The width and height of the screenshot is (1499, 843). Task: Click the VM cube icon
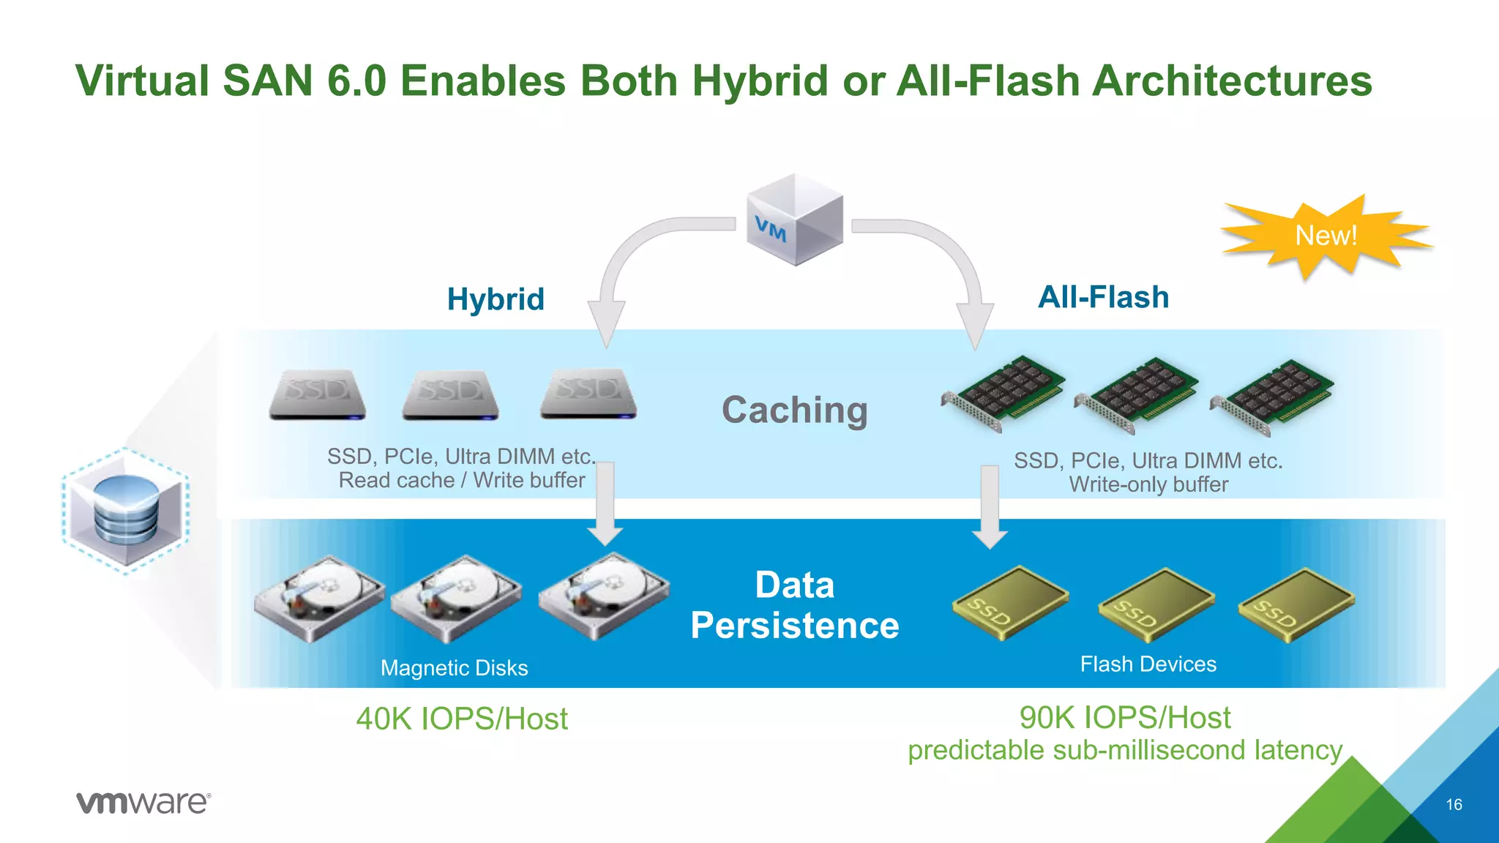pyautogui.click(x=795, y=220)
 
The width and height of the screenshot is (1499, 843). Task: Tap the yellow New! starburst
pyautogui.click(x=1326, y=236)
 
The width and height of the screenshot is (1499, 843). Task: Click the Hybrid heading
pyautogui.click(x=496, y=299)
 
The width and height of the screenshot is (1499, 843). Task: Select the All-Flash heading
pyautogui.click(x=1103, y=297)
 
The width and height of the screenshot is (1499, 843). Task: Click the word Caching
pyautogui.click(x=794, y=410)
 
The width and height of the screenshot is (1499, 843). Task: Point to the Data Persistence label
pyautogui.click(x=795, y=605)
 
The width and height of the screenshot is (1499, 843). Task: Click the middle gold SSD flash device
pyautogui.click(x=1156, y=604)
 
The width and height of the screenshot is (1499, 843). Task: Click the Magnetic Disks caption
pyautogui.click(x=454, y=668)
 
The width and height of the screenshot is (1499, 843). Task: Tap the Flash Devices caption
pyautogui.click(x=1148, y=664)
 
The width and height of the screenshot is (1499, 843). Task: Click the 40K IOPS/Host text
pyautogui.click(x=462, y=719)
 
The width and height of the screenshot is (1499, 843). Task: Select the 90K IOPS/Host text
pyautogui.click(x=1125, y=717)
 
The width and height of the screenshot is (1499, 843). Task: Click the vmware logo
pyautogui.click(x=143, y=803)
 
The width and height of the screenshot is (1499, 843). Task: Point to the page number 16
pyautogui.click(x=1454, y=805)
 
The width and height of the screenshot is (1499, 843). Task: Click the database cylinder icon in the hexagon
pyautogui.click(x=126, y=510)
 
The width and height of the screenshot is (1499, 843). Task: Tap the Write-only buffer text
pyautogui.click(x=1148, y=484)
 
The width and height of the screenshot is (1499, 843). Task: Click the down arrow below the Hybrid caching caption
pyautogui.click(x=605, y=505)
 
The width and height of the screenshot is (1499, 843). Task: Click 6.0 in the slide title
pyautogui.click(x=356, y=80)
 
